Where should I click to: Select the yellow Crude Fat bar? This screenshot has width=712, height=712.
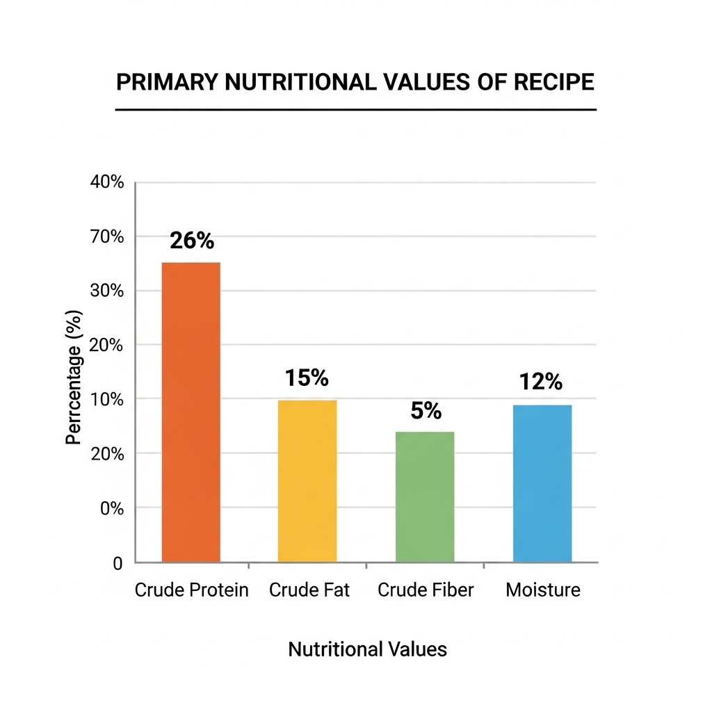(x=307, y=480)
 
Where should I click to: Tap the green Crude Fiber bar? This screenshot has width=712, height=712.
(x=425, y=496)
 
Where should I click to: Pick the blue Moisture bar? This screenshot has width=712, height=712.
(x=542, y=483)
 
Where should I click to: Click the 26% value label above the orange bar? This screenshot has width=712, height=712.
(x=192, y=241)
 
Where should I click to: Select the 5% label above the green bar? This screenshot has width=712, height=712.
(x=426, y=411)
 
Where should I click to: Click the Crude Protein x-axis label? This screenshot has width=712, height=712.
(x=191, y=590)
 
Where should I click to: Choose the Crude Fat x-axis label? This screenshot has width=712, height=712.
(x=309, y=590)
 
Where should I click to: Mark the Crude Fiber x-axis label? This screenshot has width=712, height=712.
(x=426, y=590)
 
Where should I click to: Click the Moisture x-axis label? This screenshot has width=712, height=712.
(x=542, y=590)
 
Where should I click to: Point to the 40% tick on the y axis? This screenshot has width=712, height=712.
(x=107, y=183)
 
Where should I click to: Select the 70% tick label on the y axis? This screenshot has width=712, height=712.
(x=107, y=237)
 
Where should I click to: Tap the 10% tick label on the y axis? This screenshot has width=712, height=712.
(x=107, y=400)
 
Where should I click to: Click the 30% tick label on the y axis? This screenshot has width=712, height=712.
(x=107, y=291)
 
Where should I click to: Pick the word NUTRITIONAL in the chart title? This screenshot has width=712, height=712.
(x=299, y=82)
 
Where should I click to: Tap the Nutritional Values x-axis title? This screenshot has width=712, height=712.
(x=367, y=649)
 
